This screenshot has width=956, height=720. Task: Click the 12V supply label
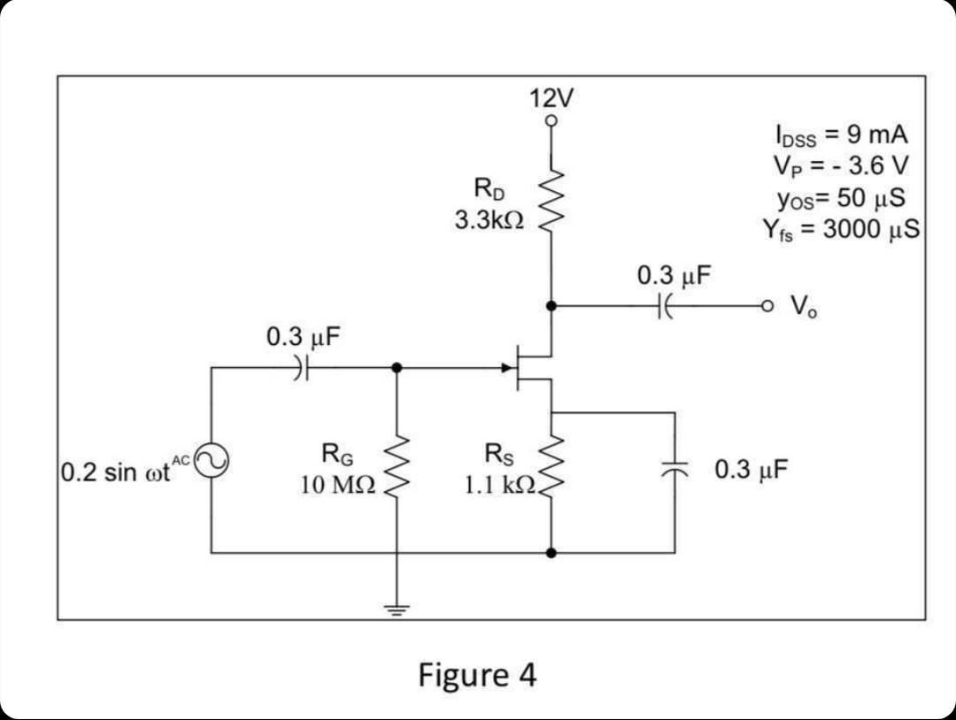[551, 97]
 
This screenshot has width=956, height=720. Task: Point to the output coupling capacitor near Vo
[666, 306]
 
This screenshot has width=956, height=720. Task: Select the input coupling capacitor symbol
[302, 368]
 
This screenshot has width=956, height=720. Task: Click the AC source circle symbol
[211, 459]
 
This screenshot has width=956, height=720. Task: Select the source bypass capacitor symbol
[674, 471]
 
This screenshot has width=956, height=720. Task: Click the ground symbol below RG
[397, 608]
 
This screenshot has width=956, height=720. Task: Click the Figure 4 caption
[477, 675]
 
